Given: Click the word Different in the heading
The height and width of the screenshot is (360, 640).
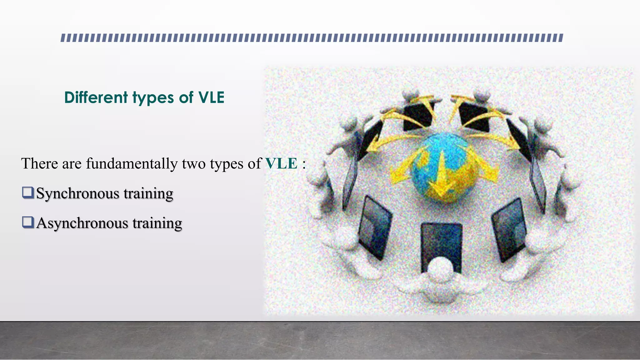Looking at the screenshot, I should [96, 97].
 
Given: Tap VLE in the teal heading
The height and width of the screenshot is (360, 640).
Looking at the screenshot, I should [212, 97].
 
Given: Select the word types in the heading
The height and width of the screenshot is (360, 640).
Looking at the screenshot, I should [153, 98].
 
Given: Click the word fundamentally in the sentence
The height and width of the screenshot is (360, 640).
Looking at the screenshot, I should [132, 163].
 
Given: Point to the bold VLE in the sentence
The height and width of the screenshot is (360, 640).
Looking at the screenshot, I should [281, 163].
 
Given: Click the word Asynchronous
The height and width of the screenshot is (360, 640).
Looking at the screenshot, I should [82, 223].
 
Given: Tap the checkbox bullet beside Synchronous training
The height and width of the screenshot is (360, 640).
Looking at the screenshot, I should [28, 192].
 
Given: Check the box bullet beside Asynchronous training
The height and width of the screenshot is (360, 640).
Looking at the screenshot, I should [28, 222].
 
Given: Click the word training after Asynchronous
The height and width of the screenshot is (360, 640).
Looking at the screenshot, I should [157, 223].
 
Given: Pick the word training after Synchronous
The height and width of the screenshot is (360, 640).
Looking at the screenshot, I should [148, 193].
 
